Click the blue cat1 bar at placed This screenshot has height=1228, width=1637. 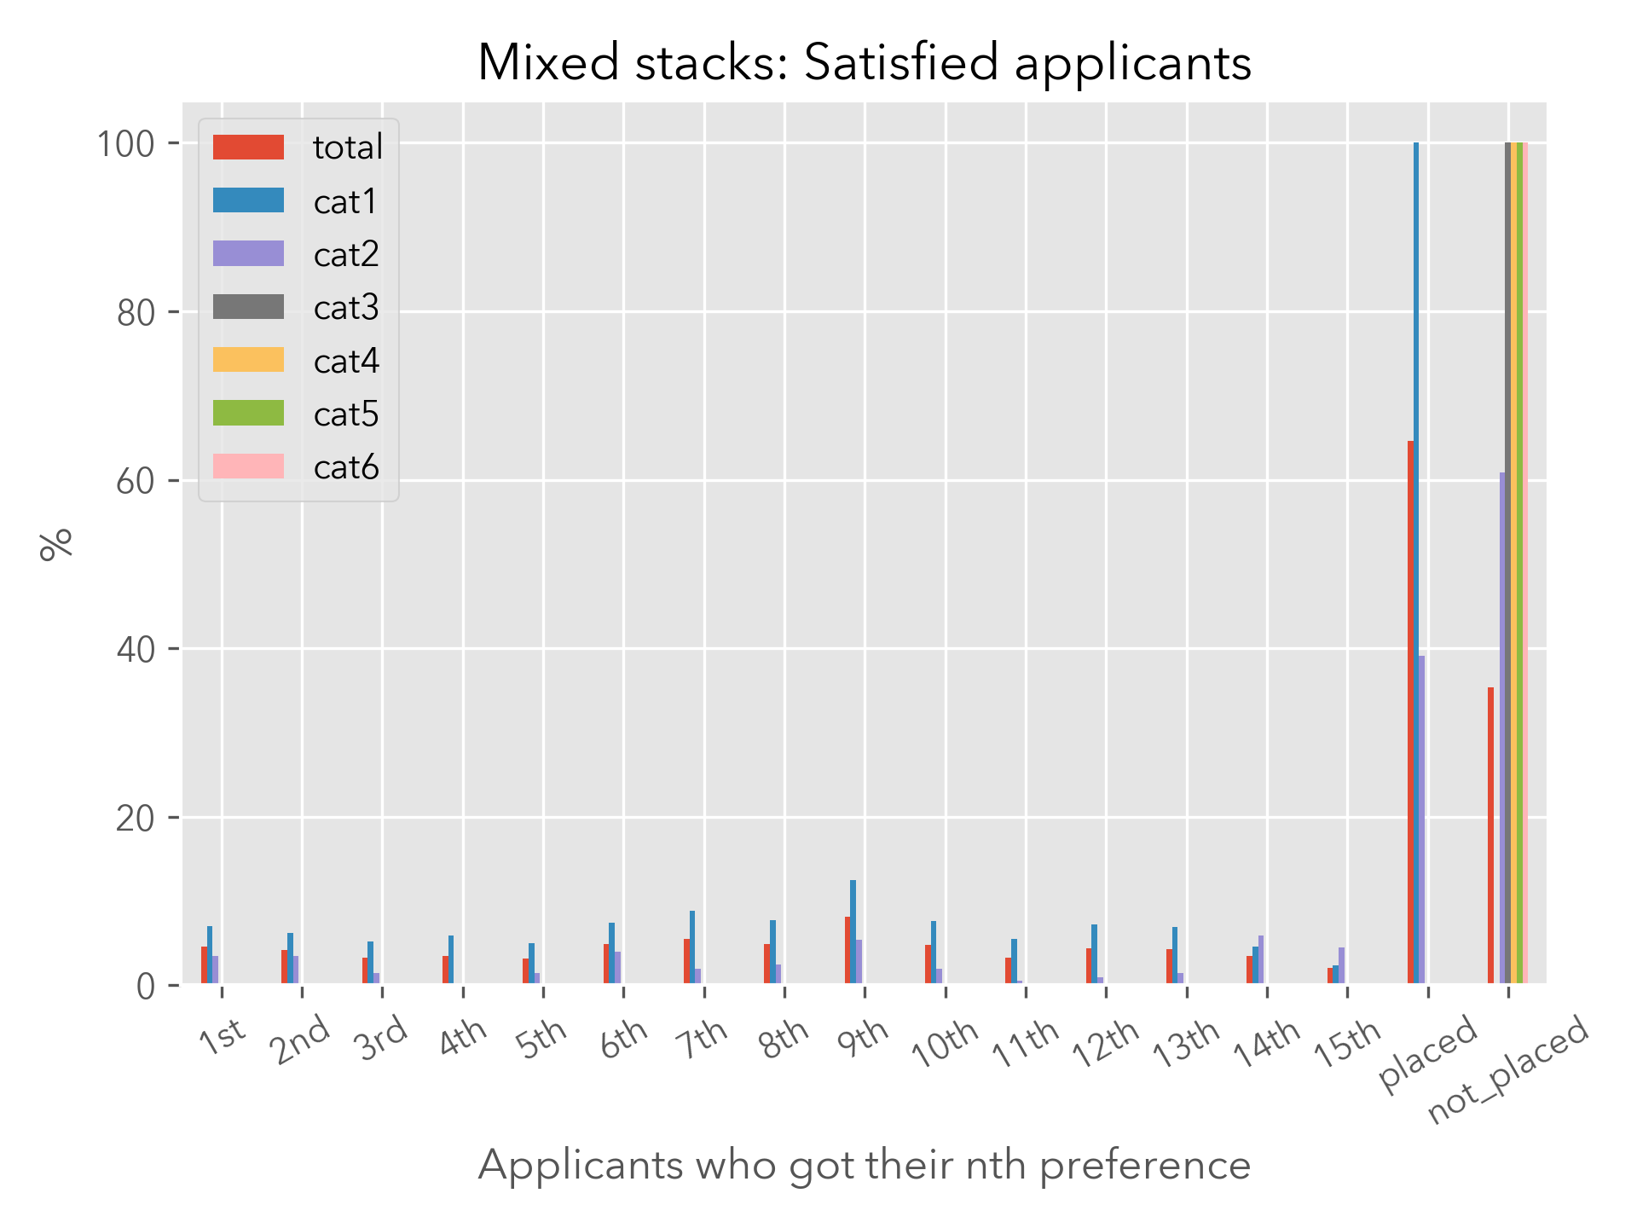[1416, 563]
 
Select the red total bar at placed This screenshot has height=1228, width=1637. [1410, 712]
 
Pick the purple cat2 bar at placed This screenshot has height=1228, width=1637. [1422, 819]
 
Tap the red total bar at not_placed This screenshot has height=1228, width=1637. [1490, 836]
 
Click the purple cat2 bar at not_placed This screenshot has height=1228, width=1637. [1502, 729]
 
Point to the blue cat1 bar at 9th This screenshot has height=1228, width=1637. [853, 932]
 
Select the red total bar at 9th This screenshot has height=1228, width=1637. [847, 950]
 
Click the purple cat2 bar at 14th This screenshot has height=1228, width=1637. [1261, 959]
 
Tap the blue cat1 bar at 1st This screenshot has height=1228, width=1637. [210, 955]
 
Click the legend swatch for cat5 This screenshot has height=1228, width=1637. [248, 414]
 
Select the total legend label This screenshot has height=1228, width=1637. [348, 148]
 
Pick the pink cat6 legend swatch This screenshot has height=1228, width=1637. [248, 466]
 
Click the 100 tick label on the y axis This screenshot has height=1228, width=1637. [125, 144]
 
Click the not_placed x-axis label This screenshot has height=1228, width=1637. [1507, 1070]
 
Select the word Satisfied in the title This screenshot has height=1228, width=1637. [901, 62]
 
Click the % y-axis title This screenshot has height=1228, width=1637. [56, 544]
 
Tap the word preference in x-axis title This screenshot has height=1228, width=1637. [1145, 1165]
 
